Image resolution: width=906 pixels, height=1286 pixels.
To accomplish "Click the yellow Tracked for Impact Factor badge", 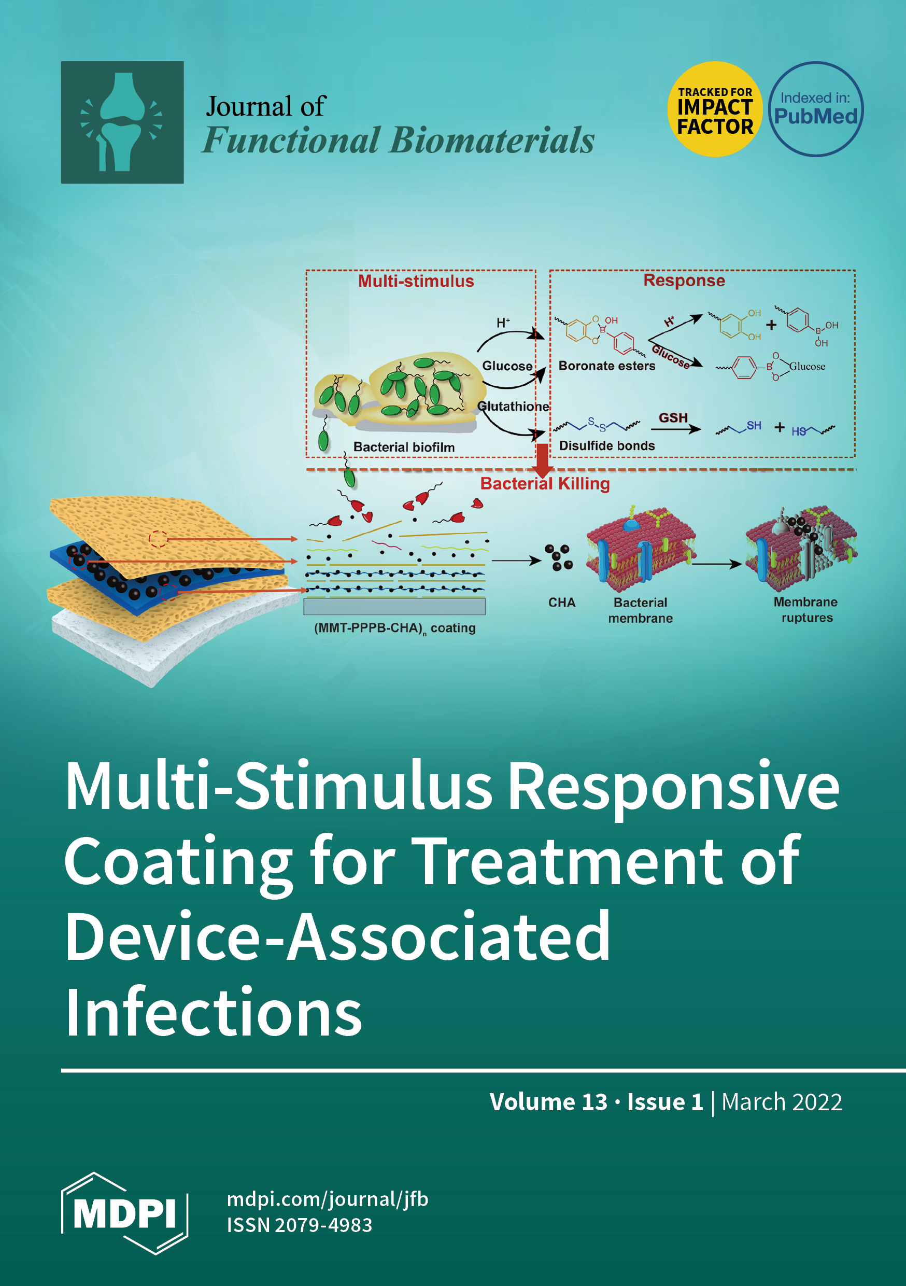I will click(x=715, y=109).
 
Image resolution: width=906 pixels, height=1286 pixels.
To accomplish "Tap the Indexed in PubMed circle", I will click(x=815, y=109).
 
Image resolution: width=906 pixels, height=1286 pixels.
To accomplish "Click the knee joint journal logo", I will click(x=122, y=122).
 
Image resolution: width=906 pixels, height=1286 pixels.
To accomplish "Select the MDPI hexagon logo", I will click(x=124, y=1213).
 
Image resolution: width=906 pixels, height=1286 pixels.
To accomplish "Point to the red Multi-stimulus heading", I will click(x=416, y=281).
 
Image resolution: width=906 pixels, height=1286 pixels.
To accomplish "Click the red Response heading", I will click(x=684, y=280).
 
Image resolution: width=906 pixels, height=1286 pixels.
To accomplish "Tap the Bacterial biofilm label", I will click(x=404, y=447).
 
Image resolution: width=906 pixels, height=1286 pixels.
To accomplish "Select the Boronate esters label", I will click(x=606, y=366).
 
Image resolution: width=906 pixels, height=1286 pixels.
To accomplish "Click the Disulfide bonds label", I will click(x=606, y=446).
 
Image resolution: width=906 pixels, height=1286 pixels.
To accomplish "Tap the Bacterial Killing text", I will click(x=545, y=483).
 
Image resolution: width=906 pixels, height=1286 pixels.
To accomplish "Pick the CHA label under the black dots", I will click(x=562, y=602).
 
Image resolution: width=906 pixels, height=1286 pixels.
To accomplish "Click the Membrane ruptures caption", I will click(x=806, y=609).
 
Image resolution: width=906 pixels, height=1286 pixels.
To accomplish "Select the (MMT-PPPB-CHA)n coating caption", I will click(x=395, y=628).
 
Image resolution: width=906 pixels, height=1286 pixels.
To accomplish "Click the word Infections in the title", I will click(x=214, y=1012).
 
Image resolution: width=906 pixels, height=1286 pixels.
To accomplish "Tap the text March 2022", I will click(x=781, y=1102).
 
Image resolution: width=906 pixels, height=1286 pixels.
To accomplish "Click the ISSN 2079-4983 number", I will click(x=299, y=1225).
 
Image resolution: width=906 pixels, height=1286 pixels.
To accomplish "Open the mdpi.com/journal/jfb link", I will click(x=328, y=1199).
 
